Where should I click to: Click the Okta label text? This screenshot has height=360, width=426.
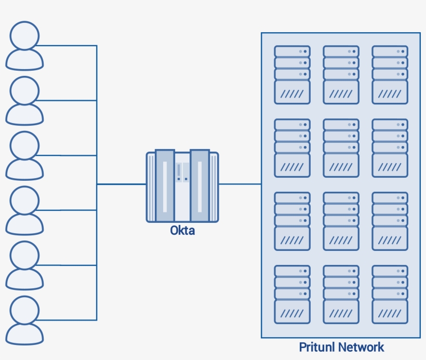coord(182,230)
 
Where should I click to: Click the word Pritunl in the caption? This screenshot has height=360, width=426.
coord(317,347)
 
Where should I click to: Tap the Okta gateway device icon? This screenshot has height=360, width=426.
coord(182,186)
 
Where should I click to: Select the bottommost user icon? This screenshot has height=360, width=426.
coord(24,320)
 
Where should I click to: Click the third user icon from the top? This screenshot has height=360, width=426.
coord(24,155)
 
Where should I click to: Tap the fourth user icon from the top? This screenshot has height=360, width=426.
coord(24,210)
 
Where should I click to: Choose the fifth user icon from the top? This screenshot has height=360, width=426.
coord(24,265)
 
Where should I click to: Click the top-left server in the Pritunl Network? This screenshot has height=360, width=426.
coord(292,75)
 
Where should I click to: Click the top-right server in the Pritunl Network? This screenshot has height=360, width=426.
coord(390,75)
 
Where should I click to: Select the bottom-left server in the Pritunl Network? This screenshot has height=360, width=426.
coord(292,295)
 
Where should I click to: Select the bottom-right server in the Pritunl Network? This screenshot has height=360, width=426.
coord(390,295)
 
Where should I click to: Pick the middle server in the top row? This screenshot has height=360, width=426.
coord(341,75)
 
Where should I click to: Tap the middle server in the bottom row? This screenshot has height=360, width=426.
coord(341,295)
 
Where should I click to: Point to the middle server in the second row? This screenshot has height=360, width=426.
coord(341,148)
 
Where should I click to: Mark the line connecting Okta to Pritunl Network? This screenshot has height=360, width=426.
coord(240,184)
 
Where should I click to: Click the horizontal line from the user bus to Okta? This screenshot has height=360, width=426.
coord(121,184)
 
